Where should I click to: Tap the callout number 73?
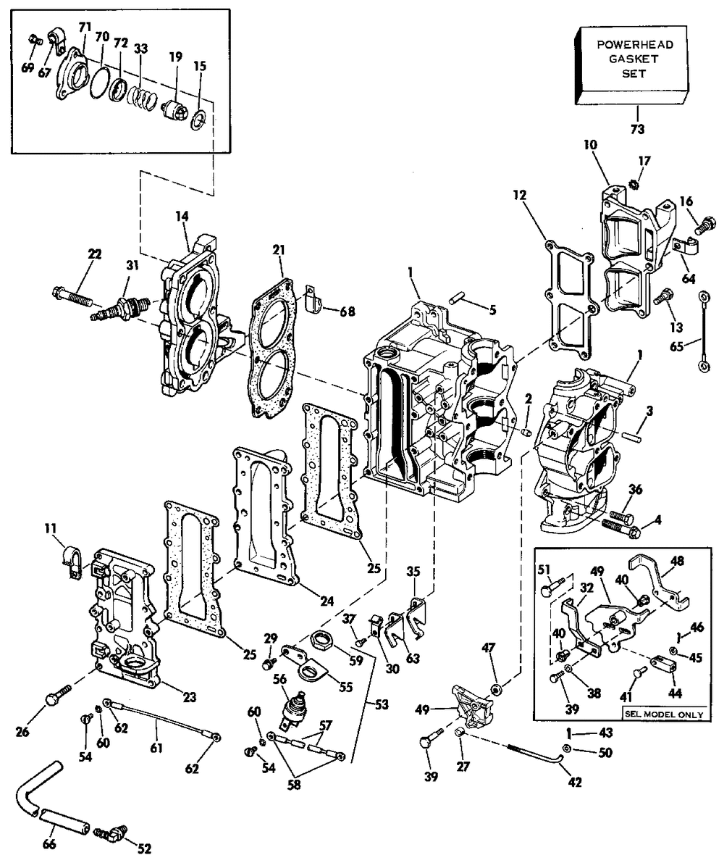point(638,129)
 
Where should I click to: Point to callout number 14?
point(181,215)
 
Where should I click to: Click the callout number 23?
point(190,698)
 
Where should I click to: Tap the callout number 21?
point(279,250)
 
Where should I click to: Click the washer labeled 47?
point(497,686)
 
